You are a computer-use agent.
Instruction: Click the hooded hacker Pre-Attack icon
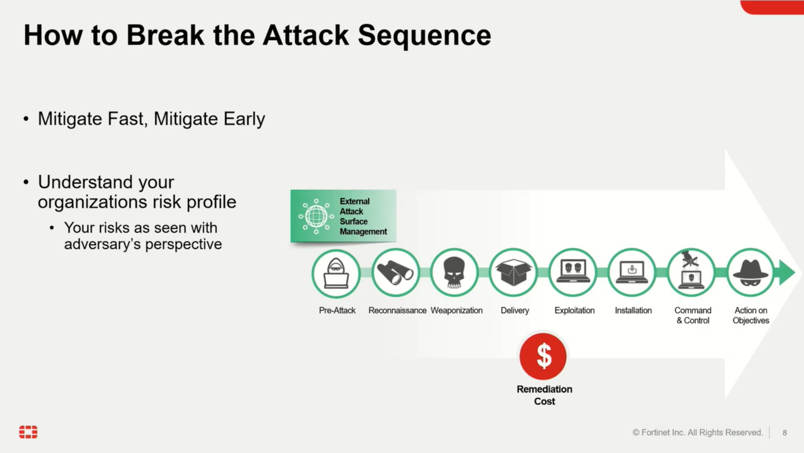[336, 273]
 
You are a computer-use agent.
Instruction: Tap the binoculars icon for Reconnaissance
[395, 273]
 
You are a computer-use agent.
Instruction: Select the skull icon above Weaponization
[454, 273]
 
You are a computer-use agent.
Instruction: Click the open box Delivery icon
[513, 273]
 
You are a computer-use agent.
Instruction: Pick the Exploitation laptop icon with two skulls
[573, 273]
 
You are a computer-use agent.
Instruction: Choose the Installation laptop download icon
[632, 273]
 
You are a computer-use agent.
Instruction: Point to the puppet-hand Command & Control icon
[691, 273]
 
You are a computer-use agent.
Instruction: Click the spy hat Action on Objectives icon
[750, 273]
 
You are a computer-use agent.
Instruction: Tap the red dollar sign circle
[543, 356]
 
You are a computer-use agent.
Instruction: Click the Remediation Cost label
[544, 395]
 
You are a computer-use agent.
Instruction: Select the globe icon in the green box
[316, 216]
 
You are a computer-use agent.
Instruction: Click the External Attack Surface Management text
[363, 216]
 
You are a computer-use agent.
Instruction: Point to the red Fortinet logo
[28, 432]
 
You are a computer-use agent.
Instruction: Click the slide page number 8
[785, 433]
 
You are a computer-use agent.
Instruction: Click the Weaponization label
[456, 310]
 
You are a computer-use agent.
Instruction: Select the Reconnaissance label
[397, 310]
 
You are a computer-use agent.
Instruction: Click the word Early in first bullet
[244, 119]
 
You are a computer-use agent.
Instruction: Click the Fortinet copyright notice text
[697, 433]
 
